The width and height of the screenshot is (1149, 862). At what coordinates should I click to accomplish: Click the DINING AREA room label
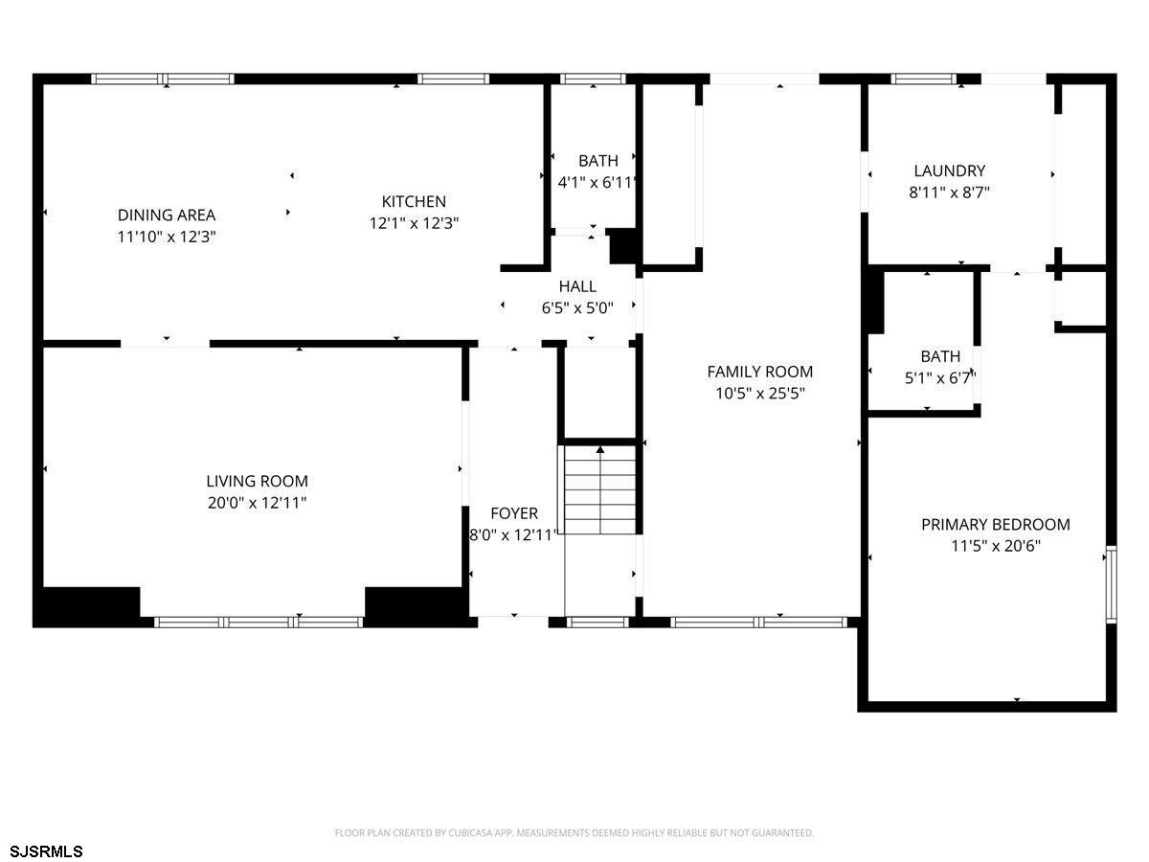pyautogui.click(x=167, y=215)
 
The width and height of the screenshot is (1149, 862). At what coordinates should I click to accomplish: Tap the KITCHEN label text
pyautogui.click(x=414, y=201)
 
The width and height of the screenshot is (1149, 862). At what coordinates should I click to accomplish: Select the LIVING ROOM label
pyautogui.click(x=257, y=481)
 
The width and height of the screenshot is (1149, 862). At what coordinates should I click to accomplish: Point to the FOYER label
pyautogui.click(x=514, y=513)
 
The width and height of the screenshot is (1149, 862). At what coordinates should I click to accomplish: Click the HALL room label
pyautogui.click(x=577, y=286)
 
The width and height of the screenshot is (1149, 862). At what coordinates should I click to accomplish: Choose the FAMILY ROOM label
pyautogui.click(x=760, y=372)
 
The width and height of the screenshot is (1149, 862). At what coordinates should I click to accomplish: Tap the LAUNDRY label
pyautogui.click(x=950, y=170)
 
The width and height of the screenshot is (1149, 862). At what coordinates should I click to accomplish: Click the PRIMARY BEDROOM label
pyautogui.click(x=996, y=525)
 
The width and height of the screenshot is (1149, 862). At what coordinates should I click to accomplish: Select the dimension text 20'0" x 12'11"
pyautogui.click(x=257, y=503)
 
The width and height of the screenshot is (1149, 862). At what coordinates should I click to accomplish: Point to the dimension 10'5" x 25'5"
pyautogui.click(x=760, y=393)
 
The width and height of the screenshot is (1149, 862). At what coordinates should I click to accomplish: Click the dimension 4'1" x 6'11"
pyautogui.click(x=597, y=183)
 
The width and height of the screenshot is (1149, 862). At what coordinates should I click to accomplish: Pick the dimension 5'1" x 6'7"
pyautogui.click(x=940, y=378)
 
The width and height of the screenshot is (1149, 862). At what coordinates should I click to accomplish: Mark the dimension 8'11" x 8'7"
pyautogui.click(x=950, y=193)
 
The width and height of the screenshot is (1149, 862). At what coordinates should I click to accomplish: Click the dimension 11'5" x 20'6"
pyautogui.click(x=996, y=546)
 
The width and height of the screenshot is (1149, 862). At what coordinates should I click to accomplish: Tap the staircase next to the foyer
pyautogui.click(x=600, y=489)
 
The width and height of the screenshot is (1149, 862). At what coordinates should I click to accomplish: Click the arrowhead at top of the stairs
pyautogui.click(x=600, y=449)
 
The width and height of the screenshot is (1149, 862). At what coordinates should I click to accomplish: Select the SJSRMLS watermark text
pyautogui.click(x=46, y=851)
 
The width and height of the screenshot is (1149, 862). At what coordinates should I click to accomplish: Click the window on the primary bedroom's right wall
pyautogui.click(x=1111, y=584)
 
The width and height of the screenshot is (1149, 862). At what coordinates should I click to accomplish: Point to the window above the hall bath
pyautogui.click(x=593, y=79)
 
